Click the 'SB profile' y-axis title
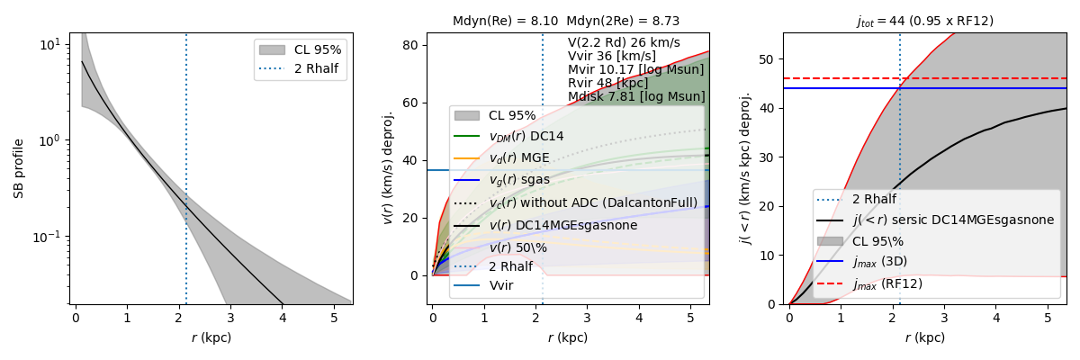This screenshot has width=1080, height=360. pyautogui.click(x=18, y=168)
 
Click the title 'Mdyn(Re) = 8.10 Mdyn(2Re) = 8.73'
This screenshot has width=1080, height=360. pyautogui.click(x=566, y=21)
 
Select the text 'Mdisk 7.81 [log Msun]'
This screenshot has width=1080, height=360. pyautogui.click(x=636, y=96)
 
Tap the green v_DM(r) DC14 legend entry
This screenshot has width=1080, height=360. pyautogui.click(x=528, y=137)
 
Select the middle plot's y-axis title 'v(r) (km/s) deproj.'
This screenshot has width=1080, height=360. pyautogui.click(x=389, y=168)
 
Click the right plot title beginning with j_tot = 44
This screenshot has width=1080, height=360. pyautogui.click(x=924, y=21)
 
